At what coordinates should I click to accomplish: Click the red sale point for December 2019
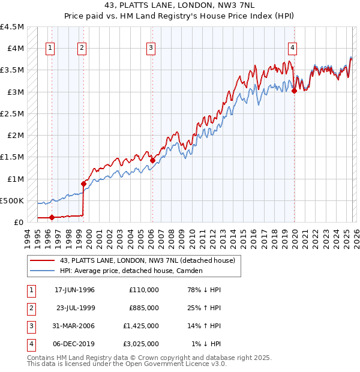[294, 91]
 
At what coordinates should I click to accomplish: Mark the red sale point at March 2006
[152, 160]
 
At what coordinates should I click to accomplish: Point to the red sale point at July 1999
[83, 184]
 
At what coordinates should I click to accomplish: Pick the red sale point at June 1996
[52, 217]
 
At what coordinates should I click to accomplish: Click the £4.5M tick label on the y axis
[12, 27]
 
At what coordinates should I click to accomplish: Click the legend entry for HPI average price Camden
[131, 271]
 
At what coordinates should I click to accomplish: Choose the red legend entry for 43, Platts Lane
[150, 260]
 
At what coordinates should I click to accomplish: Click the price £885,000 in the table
[144, 308]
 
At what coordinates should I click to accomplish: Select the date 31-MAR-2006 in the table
[75, 326]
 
